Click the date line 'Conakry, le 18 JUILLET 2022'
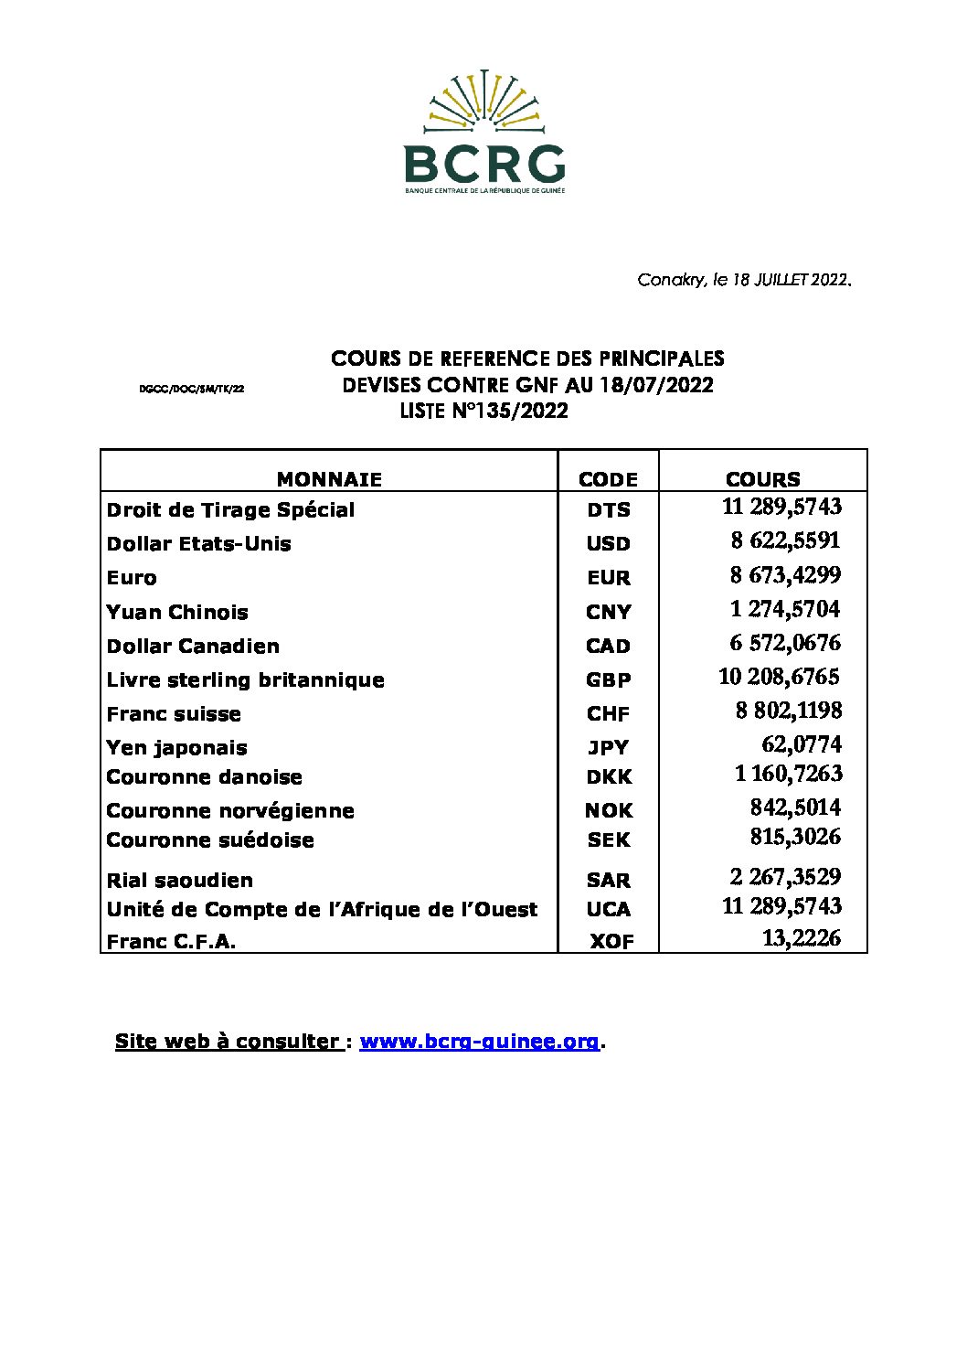[744, 280]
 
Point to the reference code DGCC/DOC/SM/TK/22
[191, 389]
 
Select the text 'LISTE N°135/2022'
[483, 411]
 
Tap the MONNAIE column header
[329, 479]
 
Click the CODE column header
[608, 479]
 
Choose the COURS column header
[762, 479]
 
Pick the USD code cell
[608, 543]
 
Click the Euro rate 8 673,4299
[785, 575]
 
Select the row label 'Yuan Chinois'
[177, 612]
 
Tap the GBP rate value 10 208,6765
[779, 677]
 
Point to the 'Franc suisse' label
[174, 713]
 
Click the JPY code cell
[608, 747]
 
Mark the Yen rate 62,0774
[801, 744]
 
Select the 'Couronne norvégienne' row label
[230, 810]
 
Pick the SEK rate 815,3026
[795, 837]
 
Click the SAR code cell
[608, 880]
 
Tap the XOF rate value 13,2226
[801, 938]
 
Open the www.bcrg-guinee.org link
[479, 1041]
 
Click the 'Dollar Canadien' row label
[193, 646]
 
